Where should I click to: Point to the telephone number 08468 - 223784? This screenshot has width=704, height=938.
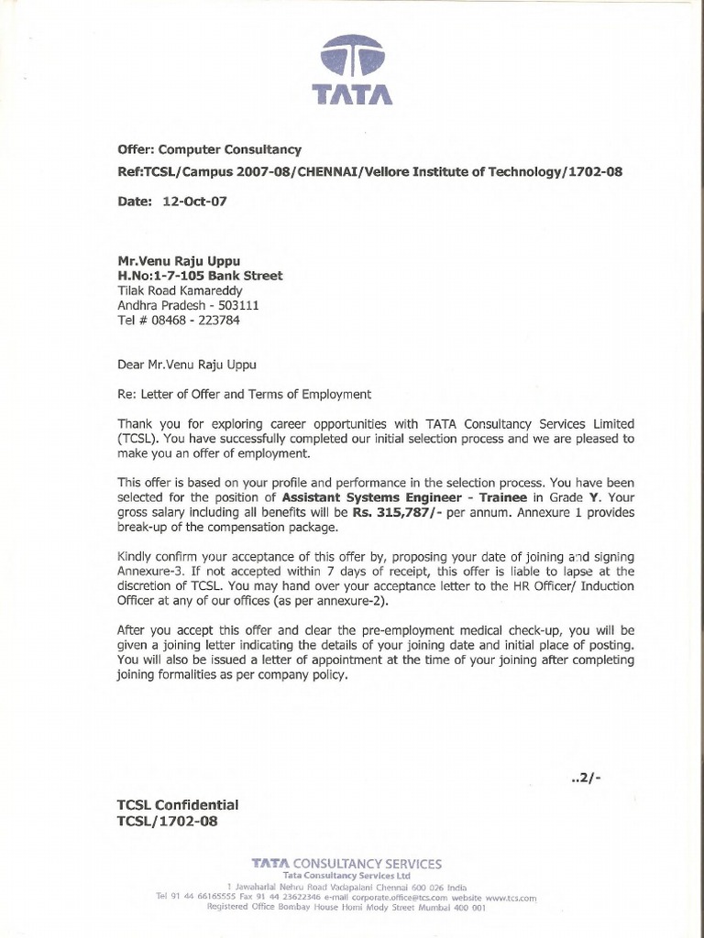click(x=188, y=321)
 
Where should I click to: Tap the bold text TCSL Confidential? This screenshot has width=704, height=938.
click(x=178, y=804)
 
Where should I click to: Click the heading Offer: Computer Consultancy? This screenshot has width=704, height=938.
click(x=209, y=149)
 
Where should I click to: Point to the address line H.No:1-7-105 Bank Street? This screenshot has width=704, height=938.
click(x=200, y=276)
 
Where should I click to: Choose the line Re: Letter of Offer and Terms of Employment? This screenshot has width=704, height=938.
click(x=244, y=394)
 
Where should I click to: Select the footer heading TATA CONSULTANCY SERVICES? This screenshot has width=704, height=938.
click(x=347, y=864)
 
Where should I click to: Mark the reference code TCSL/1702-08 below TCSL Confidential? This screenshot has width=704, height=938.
click(x=168, y=821)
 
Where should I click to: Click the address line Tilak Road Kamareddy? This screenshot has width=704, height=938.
click(x=180, y=290)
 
